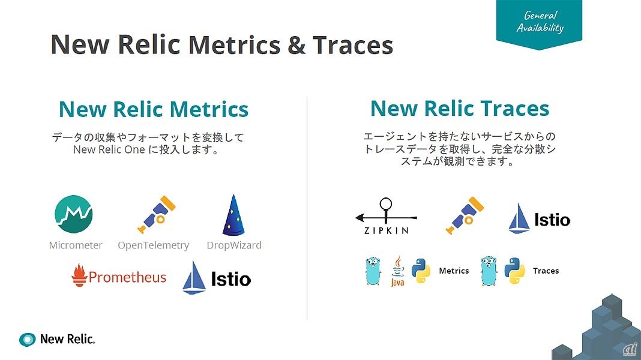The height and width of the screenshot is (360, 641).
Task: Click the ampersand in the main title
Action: [296, 45]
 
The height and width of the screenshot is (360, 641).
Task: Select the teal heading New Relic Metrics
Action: [154, 110]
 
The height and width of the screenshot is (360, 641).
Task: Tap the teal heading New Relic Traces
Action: [460, 109]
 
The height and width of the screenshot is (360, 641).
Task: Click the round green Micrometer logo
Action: [74, 214]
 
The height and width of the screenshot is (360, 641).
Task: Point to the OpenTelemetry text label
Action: [153, 245]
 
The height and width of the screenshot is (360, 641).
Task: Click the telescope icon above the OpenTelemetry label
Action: [157, 215]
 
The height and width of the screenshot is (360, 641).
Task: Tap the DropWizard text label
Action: [234, 245]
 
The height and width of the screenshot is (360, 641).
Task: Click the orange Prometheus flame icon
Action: [79, 275]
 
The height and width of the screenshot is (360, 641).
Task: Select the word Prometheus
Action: [127, 277]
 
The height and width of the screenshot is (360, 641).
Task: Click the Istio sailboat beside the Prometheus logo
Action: [194, 277]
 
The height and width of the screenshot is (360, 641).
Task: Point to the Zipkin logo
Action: [386, 216]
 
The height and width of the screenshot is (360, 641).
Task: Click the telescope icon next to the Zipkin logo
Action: [465, 215]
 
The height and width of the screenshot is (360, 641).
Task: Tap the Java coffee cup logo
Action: [398, 271]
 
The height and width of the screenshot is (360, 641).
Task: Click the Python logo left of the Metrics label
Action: [421, 271]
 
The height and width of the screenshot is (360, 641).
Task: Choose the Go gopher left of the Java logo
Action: [373, 271]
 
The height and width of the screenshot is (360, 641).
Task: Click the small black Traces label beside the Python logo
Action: [546, 271]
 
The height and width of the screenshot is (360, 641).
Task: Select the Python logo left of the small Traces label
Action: [514, 271]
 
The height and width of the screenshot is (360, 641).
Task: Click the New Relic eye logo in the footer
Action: [28, 339]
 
